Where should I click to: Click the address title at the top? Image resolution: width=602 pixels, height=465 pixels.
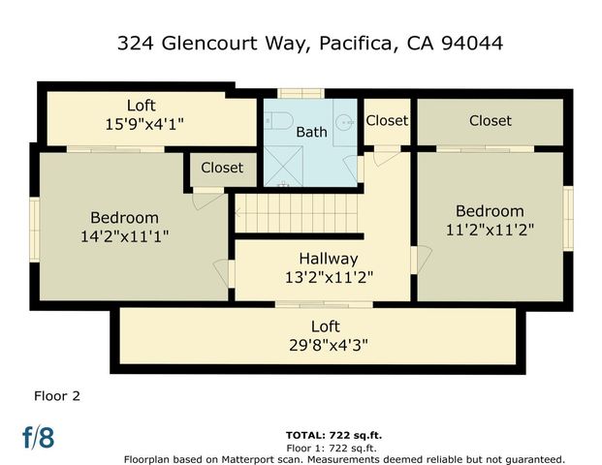309,44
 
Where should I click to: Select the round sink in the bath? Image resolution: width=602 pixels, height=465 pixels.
345,123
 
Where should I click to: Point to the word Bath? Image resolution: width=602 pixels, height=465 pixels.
311,132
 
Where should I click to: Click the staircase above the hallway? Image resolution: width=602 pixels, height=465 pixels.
297,213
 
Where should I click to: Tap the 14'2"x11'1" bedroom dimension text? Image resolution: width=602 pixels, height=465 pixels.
124,235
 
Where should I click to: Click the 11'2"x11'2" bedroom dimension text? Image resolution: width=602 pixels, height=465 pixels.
490,230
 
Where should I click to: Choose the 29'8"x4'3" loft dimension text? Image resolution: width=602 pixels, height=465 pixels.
325,344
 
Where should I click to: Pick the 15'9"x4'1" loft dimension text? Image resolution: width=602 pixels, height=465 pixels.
141,123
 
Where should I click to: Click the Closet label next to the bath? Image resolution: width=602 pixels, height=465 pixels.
387,121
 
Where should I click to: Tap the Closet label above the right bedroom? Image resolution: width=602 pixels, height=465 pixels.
490,121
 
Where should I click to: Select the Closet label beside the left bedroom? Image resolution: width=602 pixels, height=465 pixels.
222,168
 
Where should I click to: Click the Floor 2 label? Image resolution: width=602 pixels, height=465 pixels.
56,395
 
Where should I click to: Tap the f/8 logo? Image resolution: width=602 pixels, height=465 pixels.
38,438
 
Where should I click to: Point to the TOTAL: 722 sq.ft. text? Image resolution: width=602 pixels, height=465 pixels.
331,435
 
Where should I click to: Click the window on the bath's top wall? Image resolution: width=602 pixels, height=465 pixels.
301,94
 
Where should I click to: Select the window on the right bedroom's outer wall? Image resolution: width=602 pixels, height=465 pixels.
568,218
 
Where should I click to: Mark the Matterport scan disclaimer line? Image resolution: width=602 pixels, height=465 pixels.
343,458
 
